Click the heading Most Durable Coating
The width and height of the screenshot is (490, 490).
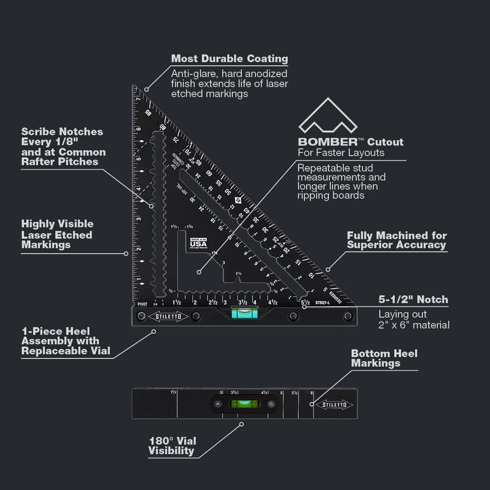coord(229,59)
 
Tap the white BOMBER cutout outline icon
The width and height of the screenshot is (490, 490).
coord(328,117)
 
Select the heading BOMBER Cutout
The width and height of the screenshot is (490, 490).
coord(350,142)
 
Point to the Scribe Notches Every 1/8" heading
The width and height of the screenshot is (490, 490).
coord(63,147)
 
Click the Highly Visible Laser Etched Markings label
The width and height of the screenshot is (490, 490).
coord(57,234)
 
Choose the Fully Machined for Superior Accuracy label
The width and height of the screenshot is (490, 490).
coord(396,241)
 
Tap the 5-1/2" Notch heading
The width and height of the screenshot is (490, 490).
coord(413,299)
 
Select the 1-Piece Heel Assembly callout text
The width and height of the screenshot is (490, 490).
coord(60,341)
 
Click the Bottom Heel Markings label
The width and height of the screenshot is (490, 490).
coord(384,358)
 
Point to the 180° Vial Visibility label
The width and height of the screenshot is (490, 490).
coord(171,445)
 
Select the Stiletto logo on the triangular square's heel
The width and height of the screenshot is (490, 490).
coord(169,317)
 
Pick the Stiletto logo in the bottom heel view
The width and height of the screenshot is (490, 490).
coord(334,405)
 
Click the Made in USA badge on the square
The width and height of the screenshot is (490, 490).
coord(198,242)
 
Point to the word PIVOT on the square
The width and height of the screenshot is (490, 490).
coord(143,304)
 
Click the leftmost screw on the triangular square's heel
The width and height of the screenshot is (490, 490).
coord(141,316)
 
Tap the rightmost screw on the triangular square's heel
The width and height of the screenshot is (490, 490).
coord(348,316)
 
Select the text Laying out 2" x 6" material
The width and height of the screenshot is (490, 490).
coord(414,319)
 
